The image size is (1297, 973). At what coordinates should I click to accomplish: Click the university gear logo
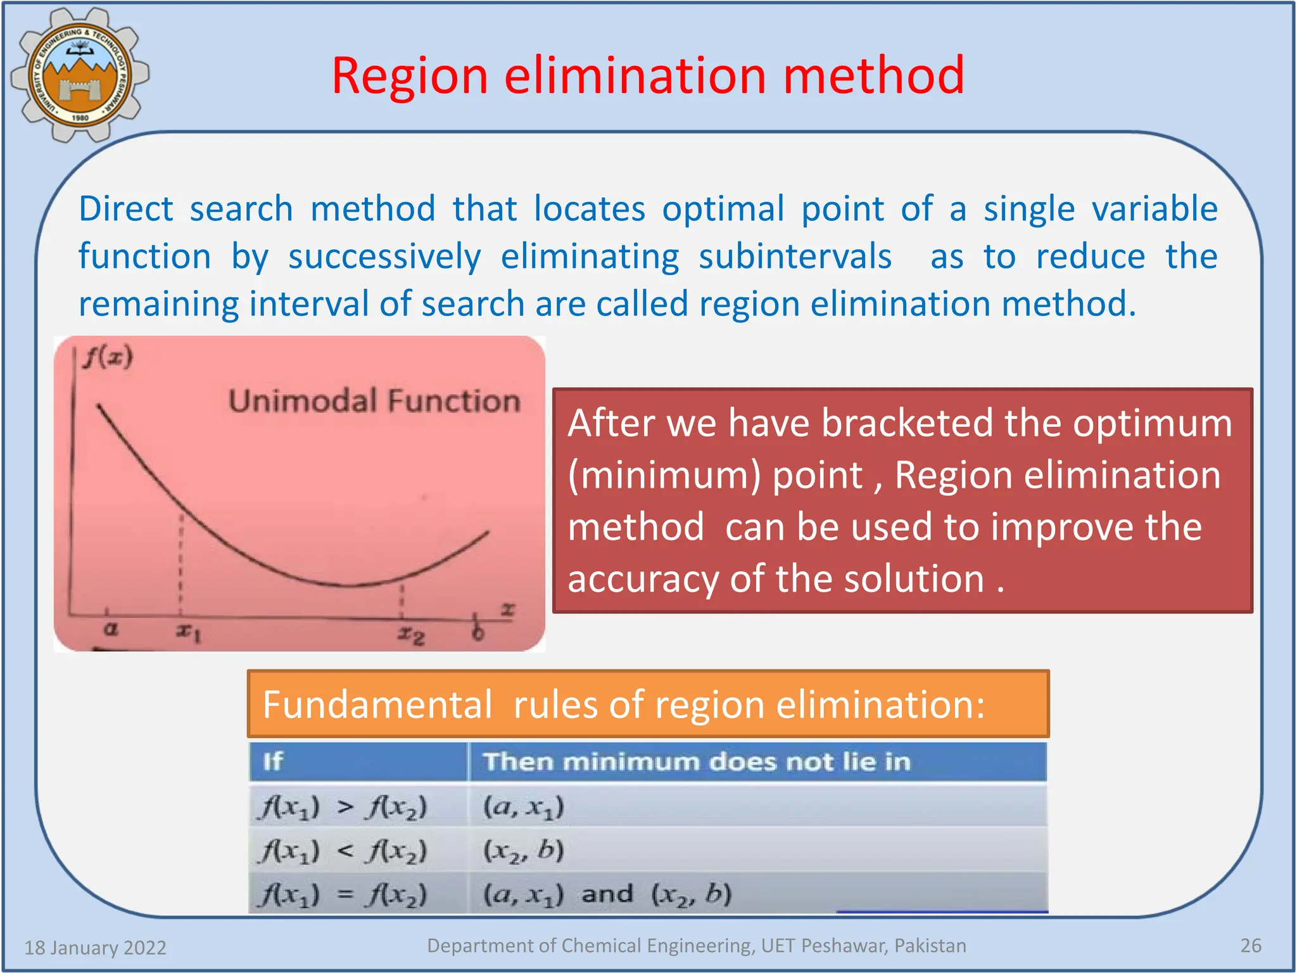click(80, 75)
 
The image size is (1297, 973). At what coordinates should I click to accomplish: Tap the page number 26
click(1250, 945)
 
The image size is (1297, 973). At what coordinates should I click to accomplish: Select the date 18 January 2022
click(95, 948)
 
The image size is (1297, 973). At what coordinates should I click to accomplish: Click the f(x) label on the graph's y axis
click(108, 358)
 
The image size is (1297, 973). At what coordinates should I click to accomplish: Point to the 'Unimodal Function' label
click(374, 402)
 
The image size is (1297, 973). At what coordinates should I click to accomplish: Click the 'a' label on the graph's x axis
click(110, 629)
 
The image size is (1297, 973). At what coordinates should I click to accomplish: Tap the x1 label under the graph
click(188, 632)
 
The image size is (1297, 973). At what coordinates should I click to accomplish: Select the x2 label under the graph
click(411, 634)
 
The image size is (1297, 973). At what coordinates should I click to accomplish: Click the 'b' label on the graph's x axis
click(478, 632)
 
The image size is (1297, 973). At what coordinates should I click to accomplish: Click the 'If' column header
click(273, 761)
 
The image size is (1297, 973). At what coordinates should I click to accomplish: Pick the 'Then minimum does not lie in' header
click(697, 761)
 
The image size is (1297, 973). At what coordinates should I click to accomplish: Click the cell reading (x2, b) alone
click(523, 851)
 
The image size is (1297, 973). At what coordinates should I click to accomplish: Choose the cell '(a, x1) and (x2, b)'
click(607, 894)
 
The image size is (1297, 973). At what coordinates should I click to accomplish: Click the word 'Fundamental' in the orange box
click(377, 704)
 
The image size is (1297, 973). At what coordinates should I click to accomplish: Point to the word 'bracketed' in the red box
click(907, 423)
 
